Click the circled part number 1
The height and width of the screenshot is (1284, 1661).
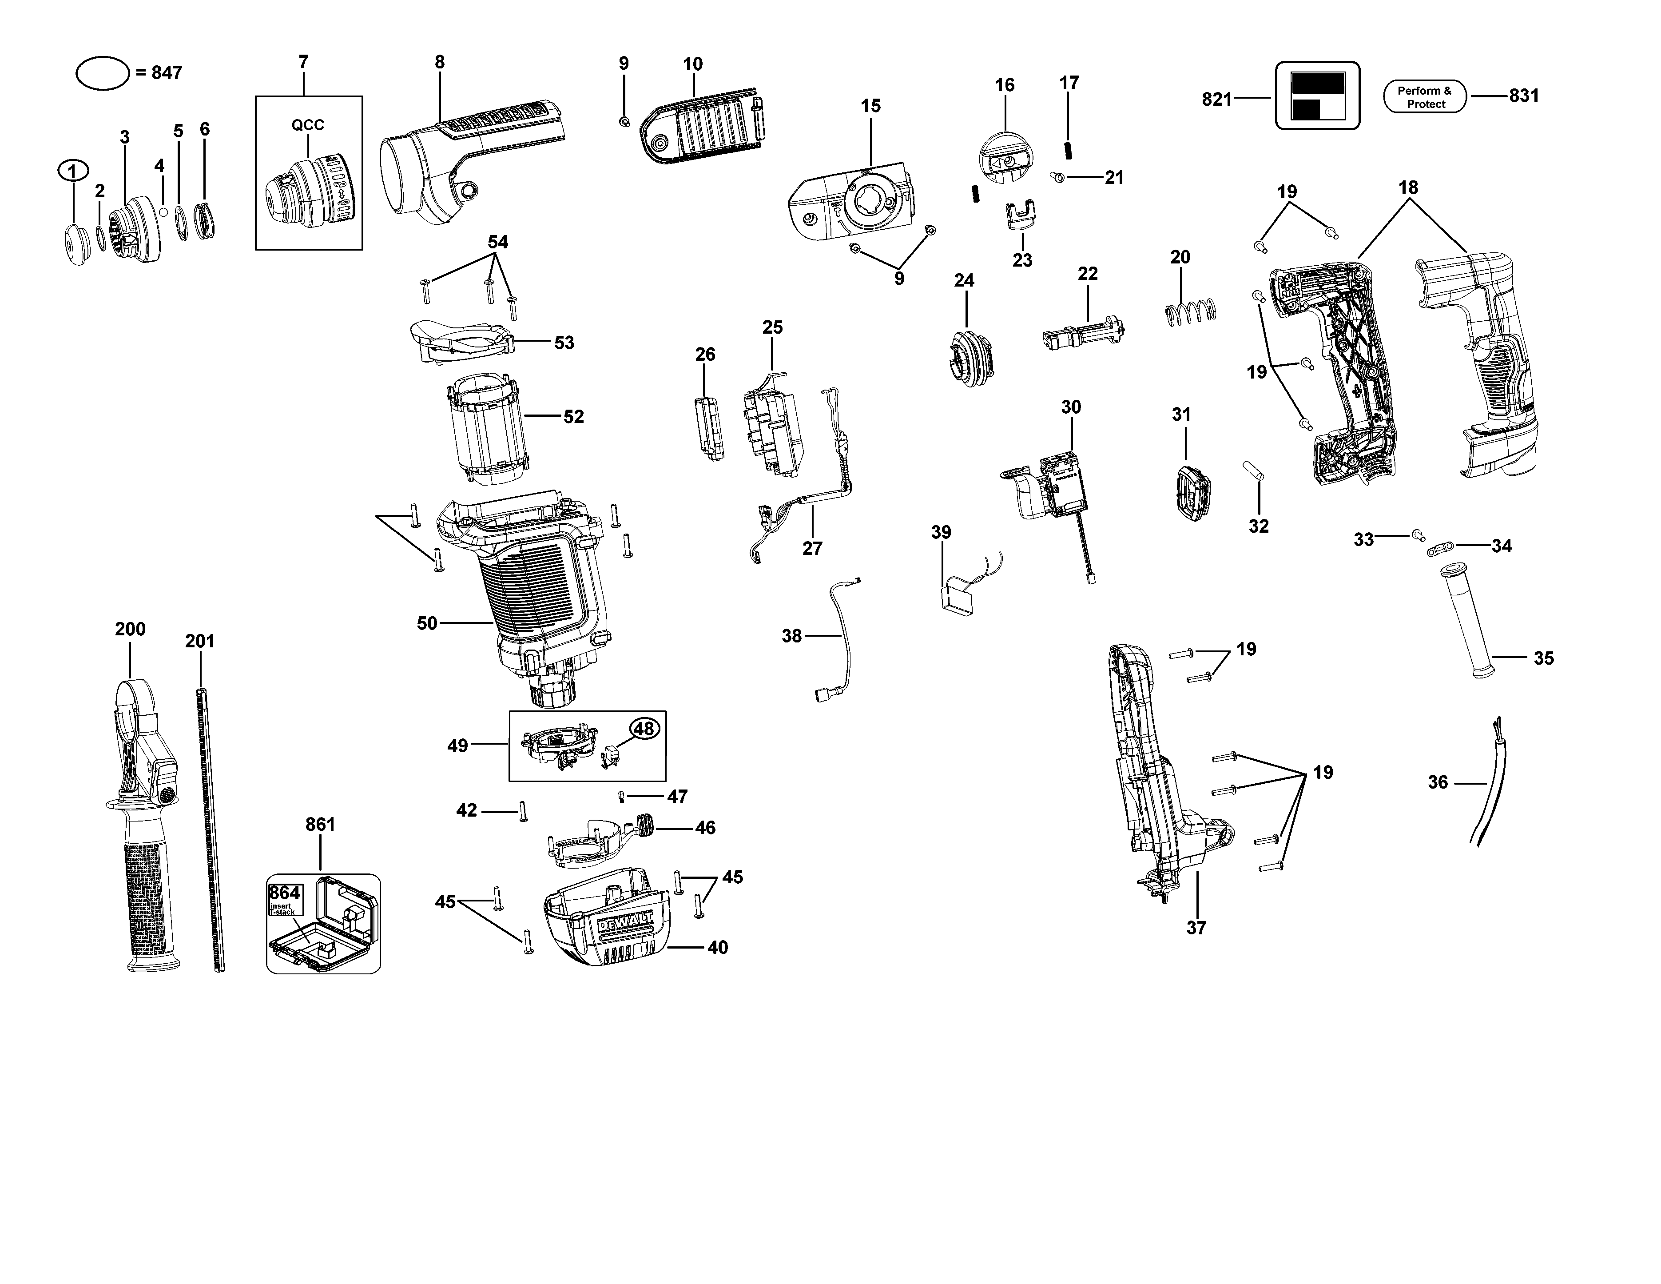(73, 171)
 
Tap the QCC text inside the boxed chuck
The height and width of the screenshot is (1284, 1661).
(308, 125)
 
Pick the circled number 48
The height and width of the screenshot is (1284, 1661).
(644, 729)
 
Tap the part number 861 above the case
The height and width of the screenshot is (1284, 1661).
(320, 825)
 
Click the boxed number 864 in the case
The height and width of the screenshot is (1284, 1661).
(284, 893)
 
